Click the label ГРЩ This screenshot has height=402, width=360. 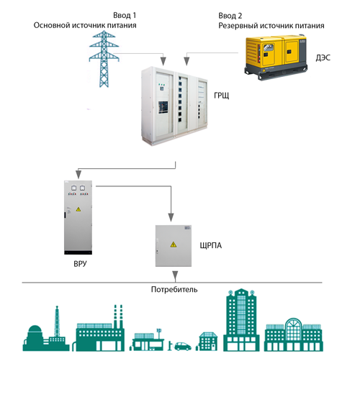click(x=221, y=96)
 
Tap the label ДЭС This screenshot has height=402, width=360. click(x=323, y=58)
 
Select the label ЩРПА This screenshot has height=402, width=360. click(x=211, y=246)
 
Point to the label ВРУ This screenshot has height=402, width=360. click(x=80, y=264)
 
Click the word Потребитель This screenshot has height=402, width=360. click(x=174, y=289)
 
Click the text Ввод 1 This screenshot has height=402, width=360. click(x=125, y=15)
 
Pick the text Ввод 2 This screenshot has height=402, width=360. click(x=230, y=16)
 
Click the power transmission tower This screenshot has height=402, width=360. click(x=104, y=59)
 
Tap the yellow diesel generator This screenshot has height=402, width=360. click(x=276, y=58)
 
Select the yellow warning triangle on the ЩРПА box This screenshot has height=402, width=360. click(x=174, y=245)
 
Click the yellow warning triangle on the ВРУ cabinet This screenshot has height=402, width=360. click(x=78, y=209)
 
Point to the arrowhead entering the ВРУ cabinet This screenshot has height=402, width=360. click(x=78, y=174)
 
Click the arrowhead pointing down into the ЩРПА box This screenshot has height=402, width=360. click(x=171, y=217)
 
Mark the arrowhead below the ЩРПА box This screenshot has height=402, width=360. click(x=175, y=276)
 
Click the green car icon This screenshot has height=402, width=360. click(x=183, y=346)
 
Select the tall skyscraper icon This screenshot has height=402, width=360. click(x=241, y=320)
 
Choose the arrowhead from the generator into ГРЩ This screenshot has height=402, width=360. click(x=186, y=61)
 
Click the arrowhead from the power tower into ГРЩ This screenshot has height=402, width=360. click(x=163, y=61)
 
